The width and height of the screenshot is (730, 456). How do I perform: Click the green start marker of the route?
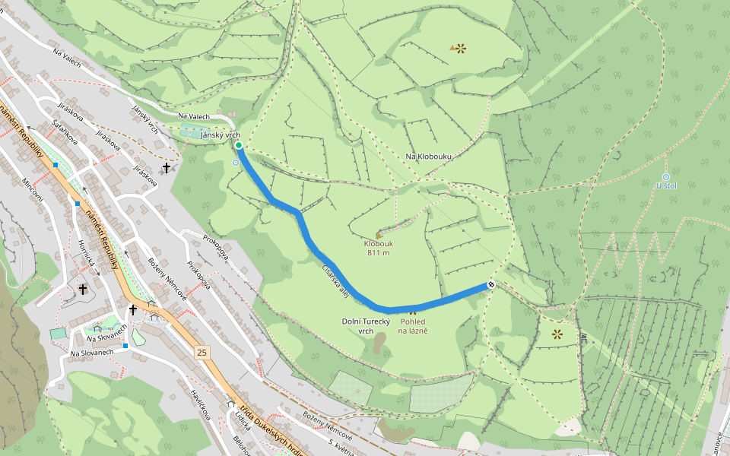[238, 145]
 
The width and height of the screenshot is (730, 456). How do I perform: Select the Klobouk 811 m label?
[378, 249]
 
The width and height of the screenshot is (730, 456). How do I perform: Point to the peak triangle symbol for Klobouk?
[378, 236]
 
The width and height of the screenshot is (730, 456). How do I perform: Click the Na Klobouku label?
[428, 157]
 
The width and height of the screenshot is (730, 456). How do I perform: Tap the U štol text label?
[665, 185]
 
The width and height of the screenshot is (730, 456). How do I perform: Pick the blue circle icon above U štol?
[666, 176]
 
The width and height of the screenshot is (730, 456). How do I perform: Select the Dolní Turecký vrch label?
[366, 326]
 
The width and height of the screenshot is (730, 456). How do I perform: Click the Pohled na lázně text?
[414, 326]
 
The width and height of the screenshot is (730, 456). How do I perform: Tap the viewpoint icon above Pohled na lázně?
[413, 311]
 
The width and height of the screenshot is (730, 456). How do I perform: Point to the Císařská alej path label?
[335, 279]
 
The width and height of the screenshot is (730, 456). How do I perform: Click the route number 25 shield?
[201, 352]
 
